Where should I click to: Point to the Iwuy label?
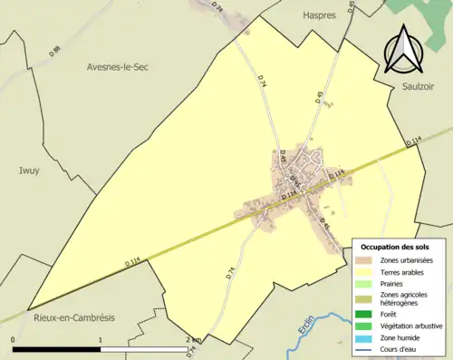tap(30, 169)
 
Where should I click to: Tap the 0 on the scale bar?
tap(14, 340)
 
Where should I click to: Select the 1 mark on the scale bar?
tap(101, 340)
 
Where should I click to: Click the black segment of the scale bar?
tap(57, 349)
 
